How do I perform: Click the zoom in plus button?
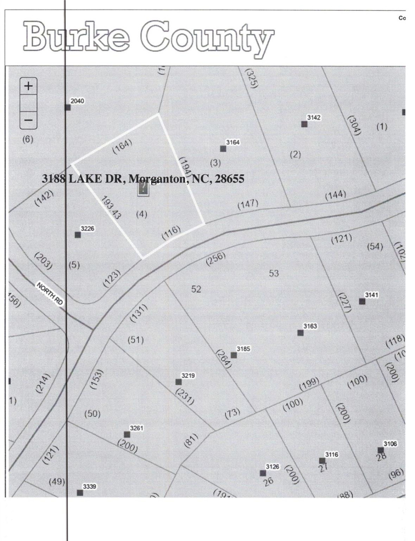tap(29, 86)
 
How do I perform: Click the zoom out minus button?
tap(29, 120)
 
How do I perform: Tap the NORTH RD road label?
tap(50, 293)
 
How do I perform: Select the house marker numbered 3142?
tap(304, 124)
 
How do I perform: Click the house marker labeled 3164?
tap(223, 148)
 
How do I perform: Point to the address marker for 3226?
tap(78, 235)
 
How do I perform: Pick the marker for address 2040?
tap(68, 107)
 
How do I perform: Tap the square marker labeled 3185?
tap(234, 355)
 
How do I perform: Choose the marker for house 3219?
tap(178, 382)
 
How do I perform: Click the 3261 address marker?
tap(127, 434)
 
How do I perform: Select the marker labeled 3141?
tap(362, 301)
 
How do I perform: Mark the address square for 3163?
tap(300, 332)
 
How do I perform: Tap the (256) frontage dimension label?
tap(216, 259)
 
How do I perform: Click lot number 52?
tap(196, 289)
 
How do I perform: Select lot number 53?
tap(274, 273)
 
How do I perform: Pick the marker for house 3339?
tap(80, 493)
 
